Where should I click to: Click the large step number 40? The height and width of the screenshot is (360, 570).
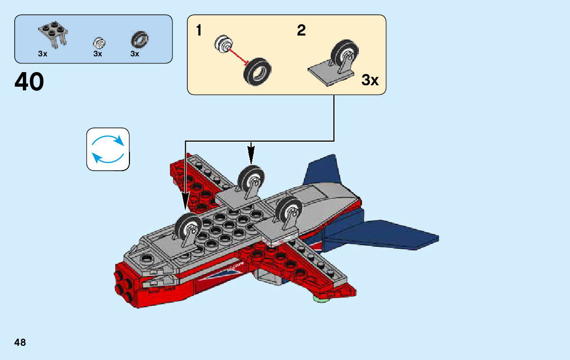[29, 82]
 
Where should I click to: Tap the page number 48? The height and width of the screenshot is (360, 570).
[20, 342]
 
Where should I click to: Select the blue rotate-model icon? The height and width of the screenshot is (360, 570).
[108, 149]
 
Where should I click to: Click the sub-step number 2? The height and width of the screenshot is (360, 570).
[301, 31]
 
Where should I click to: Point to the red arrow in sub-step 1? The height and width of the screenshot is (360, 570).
[237, 54]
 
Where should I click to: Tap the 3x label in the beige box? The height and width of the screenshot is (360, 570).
[370, 80]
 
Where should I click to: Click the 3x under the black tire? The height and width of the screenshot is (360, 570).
[135, 54]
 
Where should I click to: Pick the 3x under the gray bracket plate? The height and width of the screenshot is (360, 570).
[43, 54]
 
